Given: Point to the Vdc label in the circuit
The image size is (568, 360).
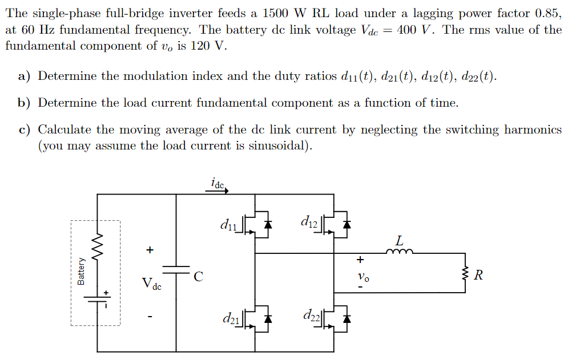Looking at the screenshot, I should (x=151, y=284).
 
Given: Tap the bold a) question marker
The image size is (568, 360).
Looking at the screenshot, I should (x=24, y=76).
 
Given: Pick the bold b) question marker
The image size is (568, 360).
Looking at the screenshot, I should (x=24, y=103).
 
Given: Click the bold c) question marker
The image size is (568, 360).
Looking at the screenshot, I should (x=24, y=130).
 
